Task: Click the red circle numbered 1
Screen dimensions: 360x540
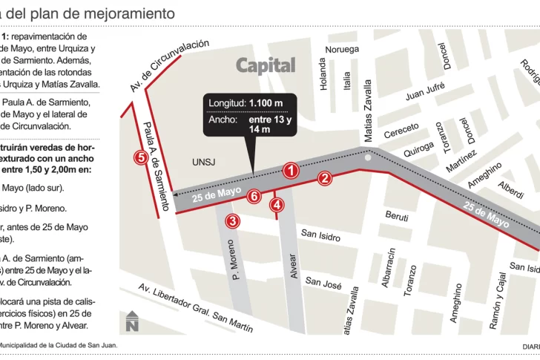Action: click(292, 171)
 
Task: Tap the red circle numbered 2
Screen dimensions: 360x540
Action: click(324, 177)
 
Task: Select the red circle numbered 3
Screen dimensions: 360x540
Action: click(233, 220)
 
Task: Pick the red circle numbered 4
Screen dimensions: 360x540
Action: click(277, 205)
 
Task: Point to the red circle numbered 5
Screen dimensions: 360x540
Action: click(140, 157)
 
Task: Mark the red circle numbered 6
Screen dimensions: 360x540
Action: click(254, 196)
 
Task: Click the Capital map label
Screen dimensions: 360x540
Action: click(266, 65)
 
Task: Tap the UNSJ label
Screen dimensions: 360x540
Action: click(202, 162)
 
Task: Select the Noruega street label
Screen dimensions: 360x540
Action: click(342, 50)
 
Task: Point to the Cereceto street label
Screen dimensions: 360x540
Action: click(401, 131)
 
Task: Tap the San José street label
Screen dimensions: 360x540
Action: click(323, 282)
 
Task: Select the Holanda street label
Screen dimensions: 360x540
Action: click(323, 75)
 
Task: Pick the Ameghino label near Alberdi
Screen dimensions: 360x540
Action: click(485, 174)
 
